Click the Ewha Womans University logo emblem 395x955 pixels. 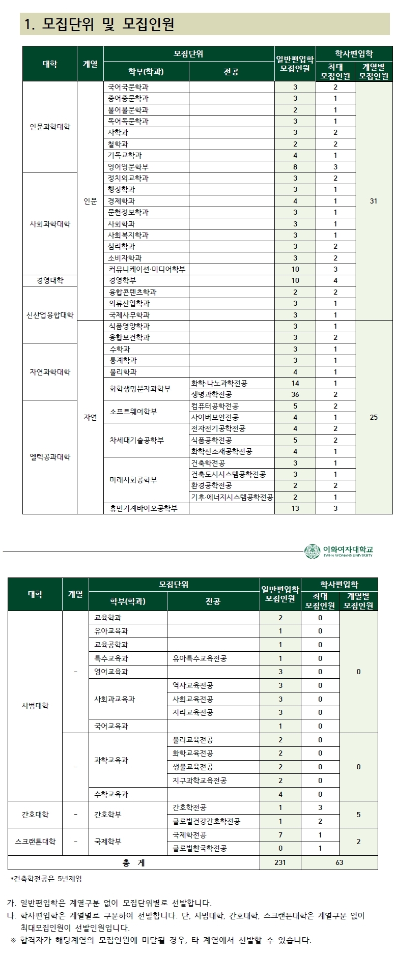[312, 551]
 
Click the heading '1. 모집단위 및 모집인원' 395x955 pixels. [100, 24]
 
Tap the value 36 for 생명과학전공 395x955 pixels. [295, 394]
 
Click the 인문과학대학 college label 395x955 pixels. [50, 127]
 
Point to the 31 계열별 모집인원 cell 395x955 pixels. [374, 201]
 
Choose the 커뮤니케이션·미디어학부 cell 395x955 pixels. [147, 269]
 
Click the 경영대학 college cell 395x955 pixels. [50, 280]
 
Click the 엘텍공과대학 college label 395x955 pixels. [50, 457]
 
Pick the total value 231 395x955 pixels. [280, 862]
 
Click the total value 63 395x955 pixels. [340, 862]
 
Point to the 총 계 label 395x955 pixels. [133, 862]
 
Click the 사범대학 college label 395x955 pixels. [35, 706]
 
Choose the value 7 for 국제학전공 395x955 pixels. [280, 835]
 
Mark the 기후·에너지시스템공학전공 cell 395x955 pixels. [232, 497]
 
